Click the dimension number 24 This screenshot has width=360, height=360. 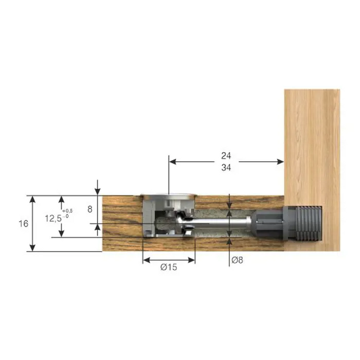pyautogui.click(x=225, y=156)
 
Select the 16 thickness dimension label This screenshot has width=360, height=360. pyautogui.click(x=22, y=224)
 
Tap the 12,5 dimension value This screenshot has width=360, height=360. pyautogui.click(x=54, y=219)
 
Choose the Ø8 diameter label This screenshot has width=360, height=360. pyautogui.click(x=237, y=260)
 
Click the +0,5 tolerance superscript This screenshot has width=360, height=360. pyautogui.click(x=67, y=211)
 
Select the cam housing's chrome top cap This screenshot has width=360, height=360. pyautogui.click(x=168, y=196)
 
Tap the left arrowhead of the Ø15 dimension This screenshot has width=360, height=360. pyautogui.click(x=146, y=258)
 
